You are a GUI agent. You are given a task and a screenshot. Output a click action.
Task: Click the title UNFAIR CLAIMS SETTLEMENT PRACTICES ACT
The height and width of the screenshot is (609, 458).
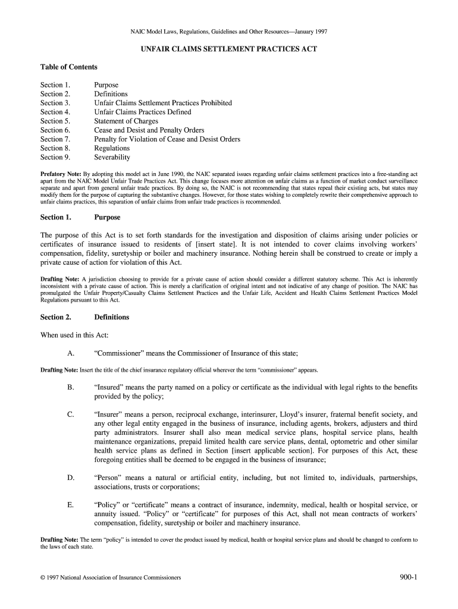(x=228, y=49)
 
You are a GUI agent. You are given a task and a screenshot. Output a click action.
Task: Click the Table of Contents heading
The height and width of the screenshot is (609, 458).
(x=68, y=67)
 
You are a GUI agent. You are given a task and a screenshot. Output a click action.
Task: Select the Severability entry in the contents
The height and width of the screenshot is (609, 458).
(x=112, y=158)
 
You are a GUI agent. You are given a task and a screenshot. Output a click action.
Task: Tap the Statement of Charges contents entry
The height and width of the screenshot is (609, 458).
(x=126, y=121)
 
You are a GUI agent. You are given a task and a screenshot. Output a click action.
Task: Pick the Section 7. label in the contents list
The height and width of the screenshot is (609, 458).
(x=55, y=139)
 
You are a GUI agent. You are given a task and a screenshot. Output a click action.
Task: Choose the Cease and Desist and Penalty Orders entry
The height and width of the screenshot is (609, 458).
(x=149, y=130)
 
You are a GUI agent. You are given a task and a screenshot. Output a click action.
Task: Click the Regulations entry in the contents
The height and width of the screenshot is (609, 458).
(x=112, y=148)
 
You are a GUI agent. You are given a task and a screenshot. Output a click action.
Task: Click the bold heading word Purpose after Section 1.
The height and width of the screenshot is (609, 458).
(x=107, y=218)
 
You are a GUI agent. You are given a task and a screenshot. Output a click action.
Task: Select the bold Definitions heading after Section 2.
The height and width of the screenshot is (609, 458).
(x=111, y=317)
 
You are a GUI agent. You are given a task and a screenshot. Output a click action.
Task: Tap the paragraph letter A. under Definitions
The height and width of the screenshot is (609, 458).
(x=71, y=353)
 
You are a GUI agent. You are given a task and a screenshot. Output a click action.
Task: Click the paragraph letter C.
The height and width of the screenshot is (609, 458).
(x=71, y=415)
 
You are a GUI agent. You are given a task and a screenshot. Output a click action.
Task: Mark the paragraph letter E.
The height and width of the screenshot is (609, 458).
(x=71, y=505)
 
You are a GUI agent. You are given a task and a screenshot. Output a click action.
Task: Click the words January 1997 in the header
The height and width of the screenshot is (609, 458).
(x=305, y=31)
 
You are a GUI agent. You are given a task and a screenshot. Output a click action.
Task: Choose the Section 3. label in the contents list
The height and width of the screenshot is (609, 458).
(x=55, y=103)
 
